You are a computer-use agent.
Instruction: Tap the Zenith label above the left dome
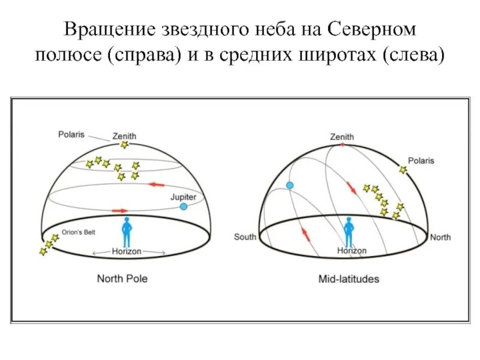point(124,136)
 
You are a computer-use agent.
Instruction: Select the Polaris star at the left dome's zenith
point(124,145)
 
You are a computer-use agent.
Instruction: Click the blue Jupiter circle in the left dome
point(183,206)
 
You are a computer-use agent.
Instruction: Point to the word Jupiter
point(184,196)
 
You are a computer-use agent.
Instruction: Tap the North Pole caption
point(122,279)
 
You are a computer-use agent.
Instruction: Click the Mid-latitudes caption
point(349,279)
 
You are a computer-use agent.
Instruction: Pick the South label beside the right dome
point(245,237)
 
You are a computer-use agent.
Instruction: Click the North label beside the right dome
point(440,237)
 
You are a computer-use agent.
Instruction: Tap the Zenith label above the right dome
point(342,136)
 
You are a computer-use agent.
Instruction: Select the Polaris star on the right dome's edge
point(403,170)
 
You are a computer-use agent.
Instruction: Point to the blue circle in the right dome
point(290,186)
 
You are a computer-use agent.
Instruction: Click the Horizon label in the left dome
point(127,251)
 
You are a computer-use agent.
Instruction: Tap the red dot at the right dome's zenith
point(343,145)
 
